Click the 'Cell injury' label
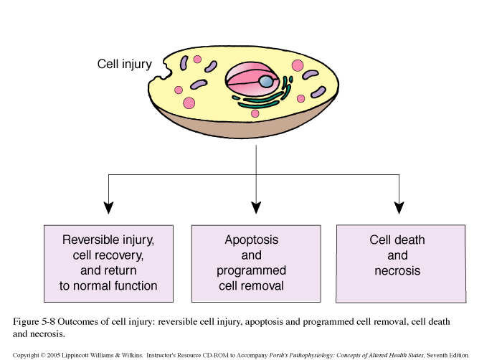(x=124, y=65)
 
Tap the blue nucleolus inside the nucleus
(x=266, y=81)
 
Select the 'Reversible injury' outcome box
(x=108, y=264)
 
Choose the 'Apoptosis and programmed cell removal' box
(x=256, y=264)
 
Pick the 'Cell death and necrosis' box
(x=401, y=264)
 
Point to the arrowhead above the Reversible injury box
(x=108, y=208)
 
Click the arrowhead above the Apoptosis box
(x=256, y=208)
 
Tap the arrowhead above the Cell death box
(x=399, y=208)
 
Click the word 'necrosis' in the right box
(x=397, y=271)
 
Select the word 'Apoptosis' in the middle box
(x=251, y=240)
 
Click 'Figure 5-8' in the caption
(x=34, y=321)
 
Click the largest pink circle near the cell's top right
(x=298, y=66)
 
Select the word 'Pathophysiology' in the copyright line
(x=311, y=355)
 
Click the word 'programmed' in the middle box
(x=251, y=271)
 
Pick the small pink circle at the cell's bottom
(x=255, y=113)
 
